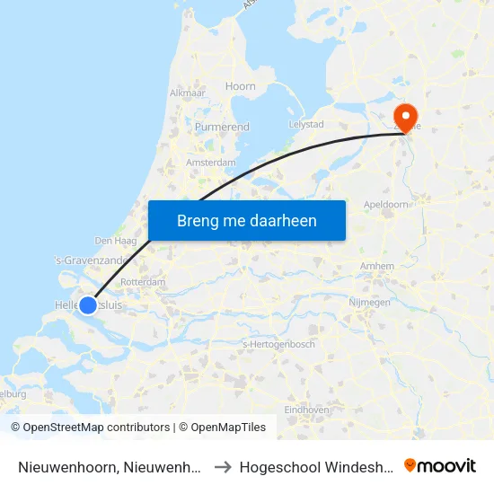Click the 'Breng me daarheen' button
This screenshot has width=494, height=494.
[246, 220]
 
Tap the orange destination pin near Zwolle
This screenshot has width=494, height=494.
[406, 117]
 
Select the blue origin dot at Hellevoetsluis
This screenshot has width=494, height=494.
[88, 305]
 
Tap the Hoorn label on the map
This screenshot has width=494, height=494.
[241, 86]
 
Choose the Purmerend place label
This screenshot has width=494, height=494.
[222, 128]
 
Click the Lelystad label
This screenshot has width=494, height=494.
[306, 124]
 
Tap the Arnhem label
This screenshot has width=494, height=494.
[376, 267]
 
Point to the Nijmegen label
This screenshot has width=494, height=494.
[369, 303]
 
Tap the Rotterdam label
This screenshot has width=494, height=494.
[143, 282]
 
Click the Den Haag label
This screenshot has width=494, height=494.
[115, 241]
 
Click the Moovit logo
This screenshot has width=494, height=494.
[440, 466]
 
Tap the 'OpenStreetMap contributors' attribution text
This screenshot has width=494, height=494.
[97, 428]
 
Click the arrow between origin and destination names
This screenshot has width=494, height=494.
[224, 467]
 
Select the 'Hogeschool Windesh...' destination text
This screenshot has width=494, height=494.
[315, 467]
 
